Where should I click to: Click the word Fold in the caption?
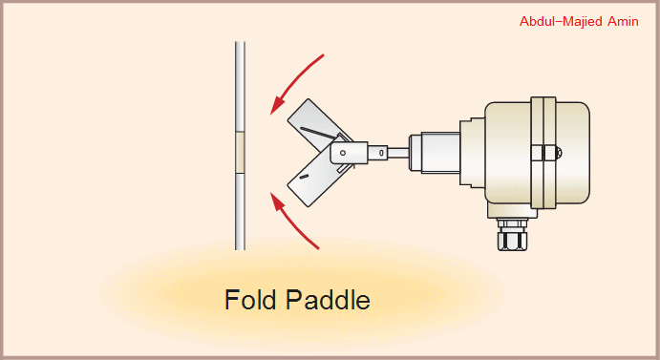click(x=250, y=300)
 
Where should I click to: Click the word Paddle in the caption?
click(x=327, y=300)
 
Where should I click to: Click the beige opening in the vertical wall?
click(x=241, y=151)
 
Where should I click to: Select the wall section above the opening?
click(x=241, y=86)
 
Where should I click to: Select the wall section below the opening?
click(x=241, y=210)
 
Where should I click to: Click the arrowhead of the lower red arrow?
click(x=275, y=200)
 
